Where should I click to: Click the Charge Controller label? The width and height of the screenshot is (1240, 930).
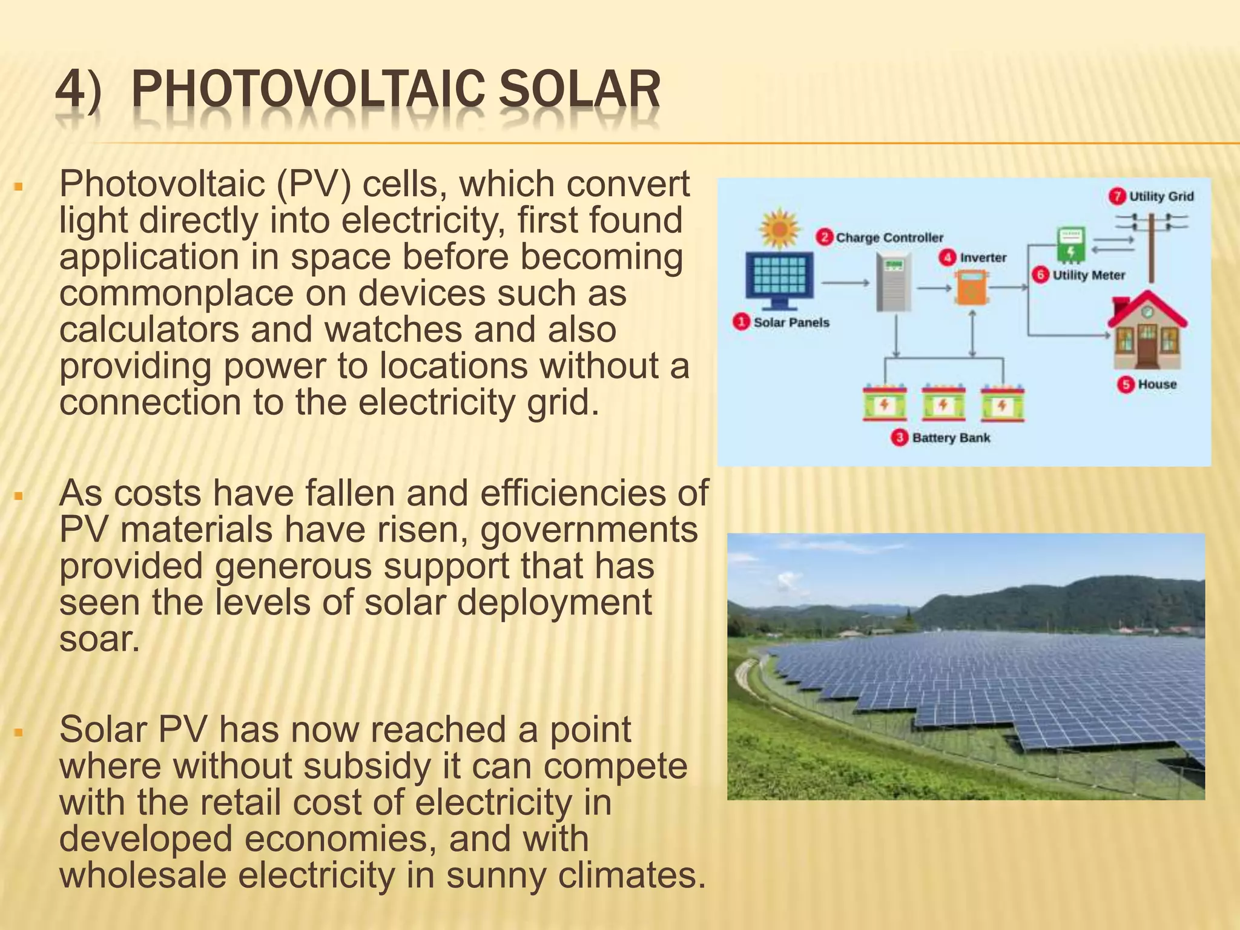click(x=889, y=238)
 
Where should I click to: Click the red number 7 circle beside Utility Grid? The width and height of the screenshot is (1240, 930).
click(x=1117, y=196)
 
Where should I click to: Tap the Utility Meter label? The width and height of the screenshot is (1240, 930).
click(x=1088, y=275)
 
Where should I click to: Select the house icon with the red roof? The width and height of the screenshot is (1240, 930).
click(x=1146, y=330)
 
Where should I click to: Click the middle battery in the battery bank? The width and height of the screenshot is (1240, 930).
click(x=943, y=403)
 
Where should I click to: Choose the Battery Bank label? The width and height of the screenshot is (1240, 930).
click(x=951, y=438)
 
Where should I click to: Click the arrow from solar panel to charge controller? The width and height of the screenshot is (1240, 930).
click(x=846, y=283)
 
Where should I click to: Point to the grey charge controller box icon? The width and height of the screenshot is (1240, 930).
click(x=894, y=282)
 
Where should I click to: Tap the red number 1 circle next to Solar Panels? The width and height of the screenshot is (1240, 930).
click(x=741, y=322)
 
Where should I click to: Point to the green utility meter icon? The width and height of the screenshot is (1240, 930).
click(x=1070, y=245)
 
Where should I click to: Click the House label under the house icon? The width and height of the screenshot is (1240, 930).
click(x=1156, y=384)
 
